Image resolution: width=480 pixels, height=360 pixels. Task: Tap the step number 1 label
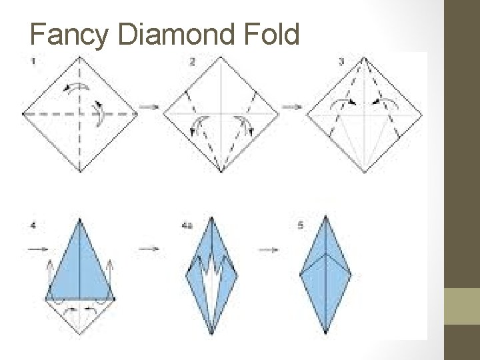click(33, 61)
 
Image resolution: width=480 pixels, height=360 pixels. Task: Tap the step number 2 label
click(192, 63)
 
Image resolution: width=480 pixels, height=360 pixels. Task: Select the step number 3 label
click(341, 63)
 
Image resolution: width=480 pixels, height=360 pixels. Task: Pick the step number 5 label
click(301, 226)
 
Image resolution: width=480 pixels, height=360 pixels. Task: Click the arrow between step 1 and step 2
click(149, 106)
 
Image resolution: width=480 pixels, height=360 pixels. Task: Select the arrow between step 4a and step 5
click(269, 250)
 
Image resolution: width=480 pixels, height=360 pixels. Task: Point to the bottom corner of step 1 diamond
click(80, 171)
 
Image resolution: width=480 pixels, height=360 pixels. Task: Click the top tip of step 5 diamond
click(325, 216)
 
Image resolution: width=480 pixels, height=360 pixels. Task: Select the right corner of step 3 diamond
click(421, 114)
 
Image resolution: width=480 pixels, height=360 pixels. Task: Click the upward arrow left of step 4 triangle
click(49, 273)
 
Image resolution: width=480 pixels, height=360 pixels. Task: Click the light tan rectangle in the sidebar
click(462, 306)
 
